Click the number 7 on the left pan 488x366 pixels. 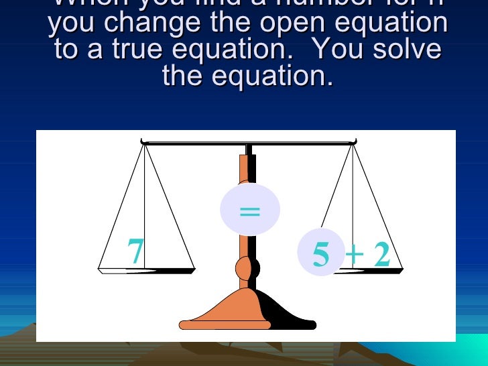pos(135,251)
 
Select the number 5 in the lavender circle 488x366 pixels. pos(321,255)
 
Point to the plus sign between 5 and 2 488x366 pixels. pos(355,255)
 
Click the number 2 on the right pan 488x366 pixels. pos(381,255)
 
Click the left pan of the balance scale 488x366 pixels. pos(146,270)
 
